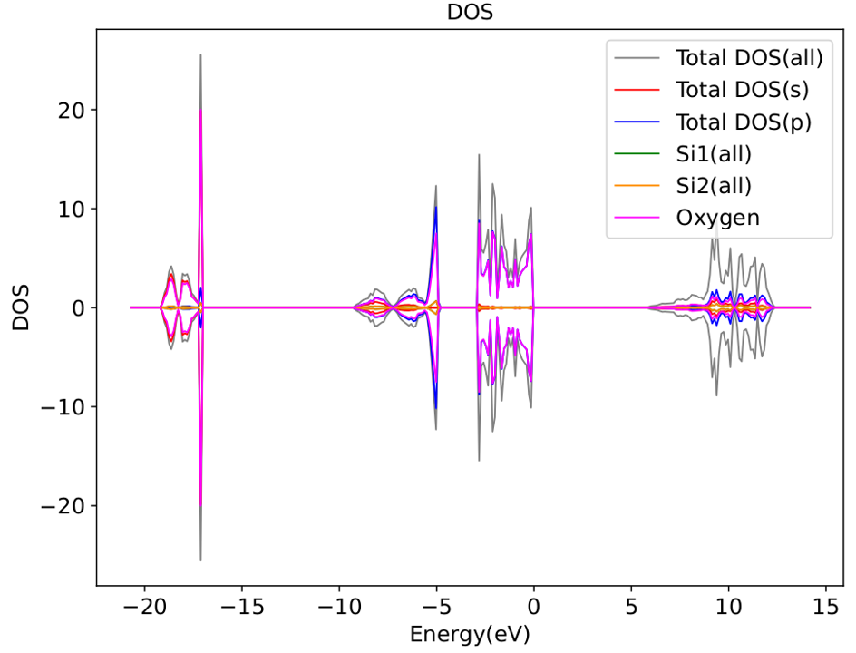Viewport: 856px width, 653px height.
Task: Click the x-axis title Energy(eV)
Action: (471, 632)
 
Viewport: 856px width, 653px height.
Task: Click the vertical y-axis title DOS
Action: (20, 308)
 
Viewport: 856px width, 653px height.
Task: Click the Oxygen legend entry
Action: (717, 218)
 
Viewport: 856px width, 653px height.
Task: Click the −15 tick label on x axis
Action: (242, 604)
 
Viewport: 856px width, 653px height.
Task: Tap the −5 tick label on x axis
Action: (436, 604)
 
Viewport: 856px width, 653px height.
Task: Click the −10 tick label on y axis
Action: (63, 407)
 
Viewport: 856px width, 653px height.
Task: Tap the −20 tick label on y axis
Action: (63, 505)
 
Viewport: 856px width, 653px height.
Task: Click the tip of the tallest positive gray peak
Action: (200, 55)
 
